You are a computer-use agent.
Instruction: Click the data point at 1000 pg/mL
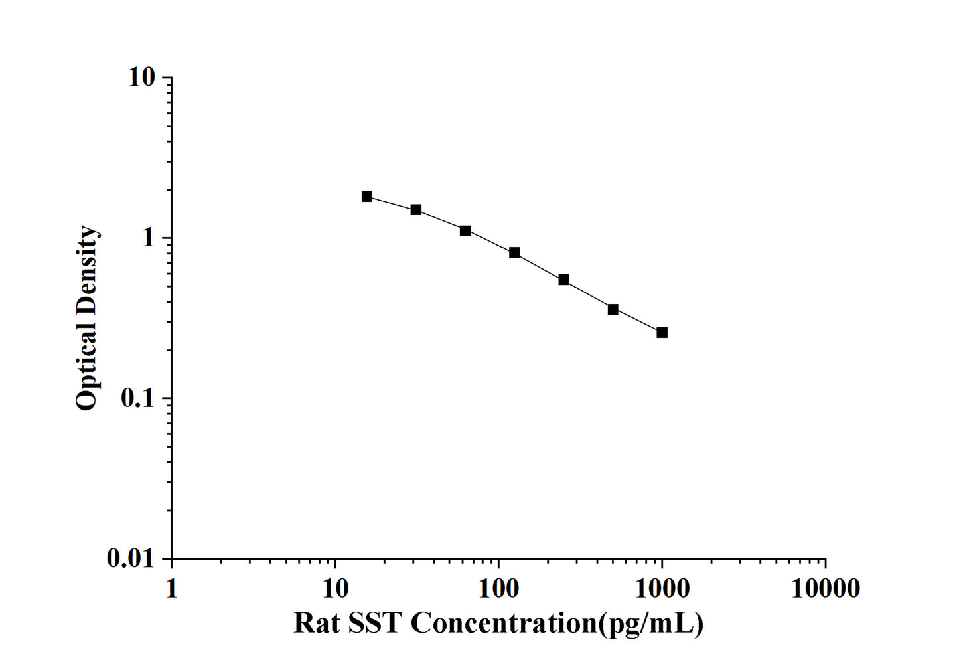(x=662, y=332)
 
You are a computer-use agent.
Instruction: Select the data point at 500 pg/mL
(x=613, y=309)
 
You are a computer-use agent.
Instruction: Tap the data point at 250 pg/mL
(x=563, y=280)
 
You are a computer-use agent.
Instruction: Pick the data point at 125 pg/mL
(x=514, y=252)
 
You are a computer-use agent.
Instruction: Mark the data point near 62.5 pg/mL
(x=465, y=230)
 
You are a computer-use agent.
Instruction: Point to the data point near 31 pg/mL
(x=416, y=210)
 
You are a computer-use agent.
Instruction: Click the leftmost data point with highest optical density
(x=367, y=196)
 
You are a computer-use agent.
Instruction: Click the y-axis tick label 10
(x=141, y=78)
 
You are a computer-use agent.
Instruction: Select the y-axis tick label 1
(x=149, y=238)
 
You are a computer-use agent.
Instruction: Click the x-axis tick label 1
(x=172, y=588)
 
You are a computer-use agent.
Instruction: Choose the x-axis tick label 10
(x=335, y=588)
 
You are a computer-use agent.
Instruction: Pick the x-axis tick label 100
(x=498, y=588)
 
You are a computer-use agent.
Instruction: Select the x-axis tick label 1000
(x=662, y=588)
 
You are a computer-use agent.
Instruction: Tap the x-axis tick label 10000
(x=825, y=588)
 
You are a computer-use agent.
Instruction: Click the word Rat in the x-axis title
(x=315, y=624)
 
